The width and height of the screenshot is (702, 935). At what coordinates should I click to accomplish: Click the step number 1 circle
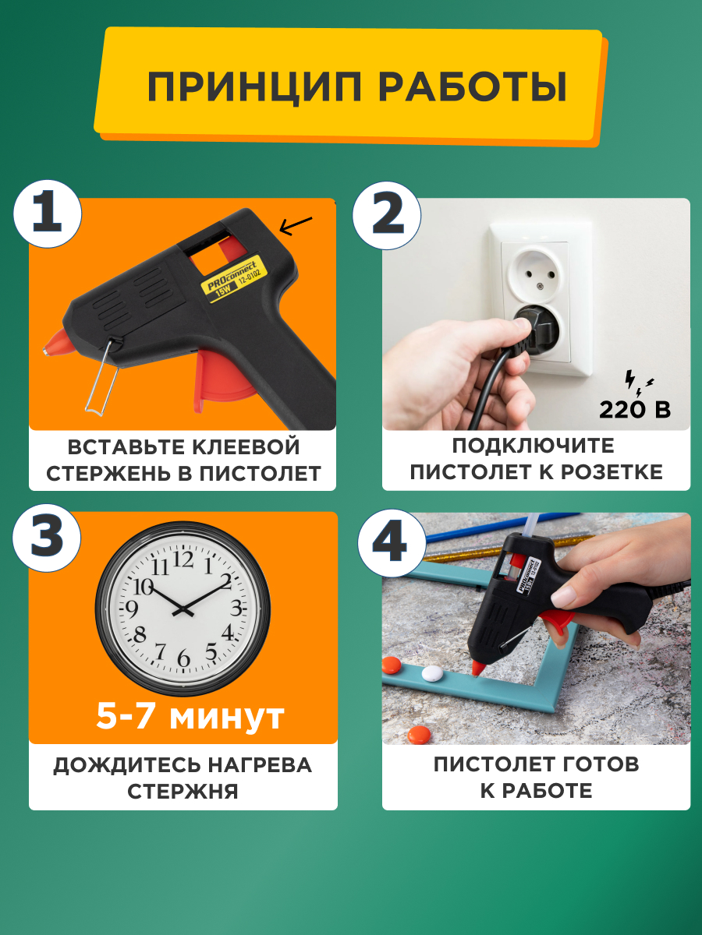48,213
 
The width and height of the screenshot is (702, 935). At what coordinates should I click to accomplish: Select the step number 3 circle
48,539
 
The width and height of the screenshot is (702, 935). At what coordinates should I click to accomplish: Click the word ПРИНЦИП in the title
253,86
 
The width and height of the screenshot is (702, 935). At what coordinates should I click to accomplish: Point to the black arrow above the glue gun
296,226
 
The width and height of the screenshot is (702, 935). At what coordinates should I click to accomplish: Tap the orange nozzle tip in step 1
52,343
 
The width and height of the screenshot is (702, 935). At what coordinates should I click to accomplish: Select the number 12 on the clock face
183,559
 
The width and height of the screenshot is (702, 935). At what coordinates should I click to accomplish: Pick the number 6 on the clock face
184,659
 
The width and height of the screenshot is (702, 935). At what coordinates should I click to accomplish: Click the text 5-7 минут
190,716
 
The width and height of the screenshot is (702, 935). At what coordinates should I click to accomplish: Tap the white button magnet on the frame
431,672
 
